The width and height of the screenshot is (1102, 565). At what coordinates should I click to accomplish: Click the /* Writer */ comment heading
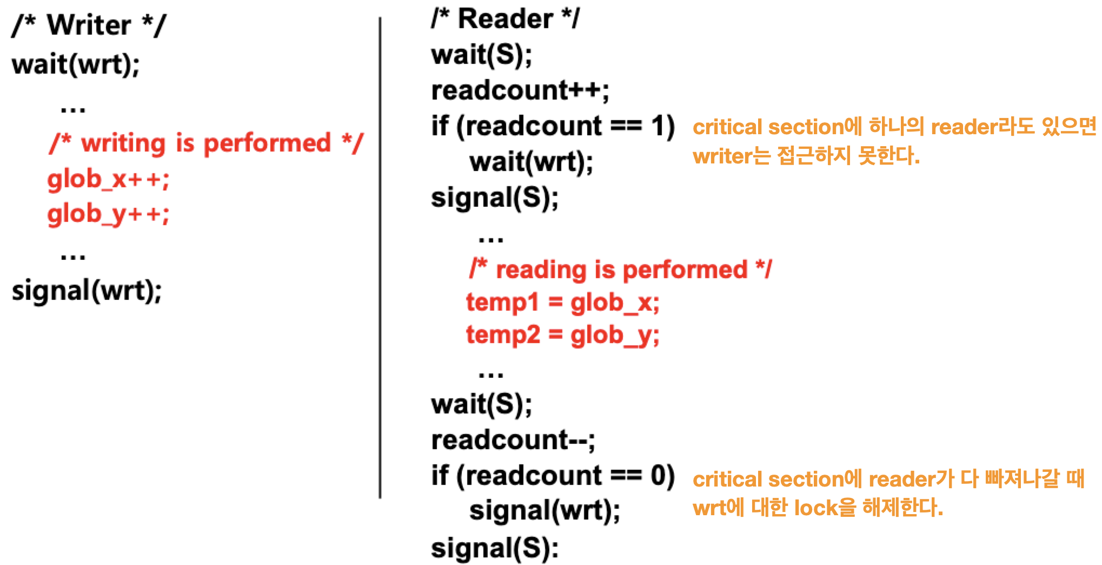tap(89, 25)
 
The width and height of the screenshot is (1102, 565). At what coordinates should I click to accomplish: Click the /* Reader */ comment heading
tap(505, 19)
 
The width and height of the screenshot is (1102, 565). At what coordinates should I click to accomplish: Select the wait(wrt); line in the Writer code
tap(76, 64)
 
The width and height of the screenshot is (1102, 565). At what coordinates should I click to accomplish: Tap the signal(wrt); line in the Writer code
tap(87, 291)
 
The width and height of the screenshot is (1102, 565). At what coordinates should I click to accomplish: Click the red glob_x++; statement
tap(108, 179)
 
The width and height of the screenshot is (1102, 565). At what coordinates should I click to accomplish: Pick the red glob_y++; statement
tap(108, 214)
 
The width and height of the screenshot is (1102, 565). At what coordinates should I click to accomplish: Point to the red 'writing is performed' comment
tap(206, 143)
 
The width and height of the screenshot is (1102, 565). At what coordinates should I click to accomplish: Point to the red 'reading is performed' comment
tap(620, 269)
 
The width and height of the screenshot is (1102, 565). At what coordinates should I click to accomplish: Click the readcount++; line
tap(520, 90)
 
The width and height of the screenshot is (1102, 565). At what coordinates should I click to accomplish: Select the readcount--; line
tap(513, 440)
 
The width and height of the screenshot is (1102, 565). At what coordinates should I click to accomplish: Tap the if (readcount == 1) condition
tap(553, 126)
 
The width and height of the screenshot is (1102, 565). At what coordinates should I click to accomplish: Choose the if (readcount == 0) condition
tap(553, 476)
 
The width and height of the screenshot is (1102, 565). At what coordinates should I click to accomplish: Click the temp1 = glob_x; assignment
tap(562, 302)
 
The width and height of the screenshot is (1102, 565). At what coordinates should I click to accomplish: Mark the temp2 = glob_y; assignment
tap(562, 335)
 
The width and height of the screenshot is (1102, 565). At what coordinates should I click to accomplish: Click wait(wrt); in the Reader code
tap(531, 162)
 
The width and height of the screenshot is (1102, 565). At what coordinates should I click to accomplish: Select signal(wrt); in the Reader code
tap(545, 510)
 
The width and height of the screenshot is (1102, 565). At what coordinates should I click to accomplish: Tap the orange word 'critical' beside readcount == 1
tap(727, 127)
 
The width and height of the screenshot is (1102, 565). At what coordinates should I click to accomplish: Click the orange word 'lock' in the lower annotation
tap(816, 508)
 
